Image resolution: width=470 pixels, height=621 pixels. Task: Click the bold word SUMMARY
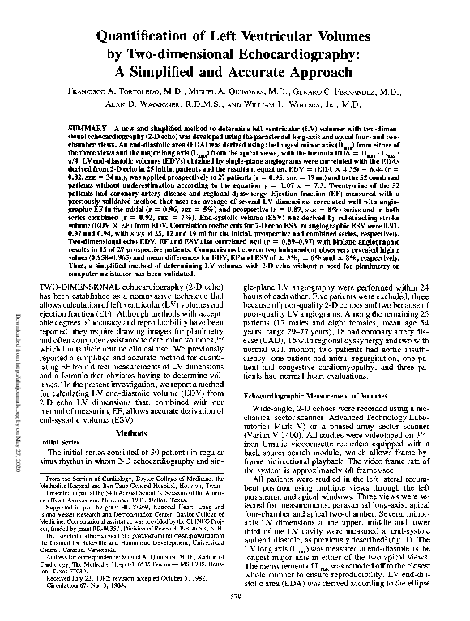click(x=112, y=130)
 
